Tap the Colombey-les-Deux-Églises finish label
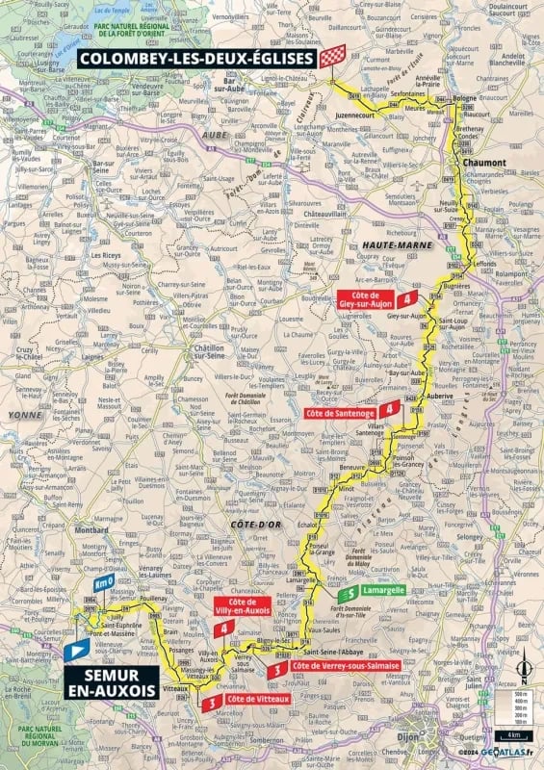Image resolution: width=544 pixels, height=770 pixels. [x=197, y=58]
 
